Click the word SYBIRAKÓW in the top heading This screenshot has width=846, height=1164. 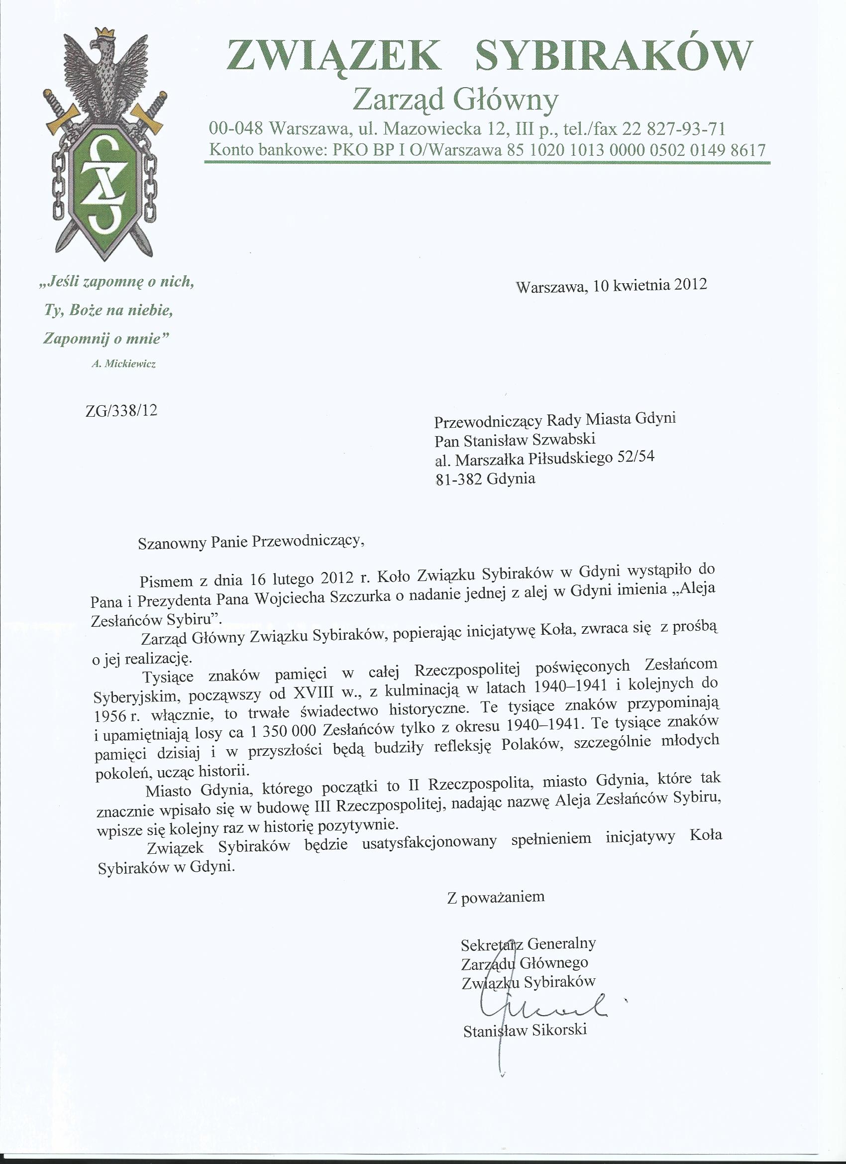pos(614,55)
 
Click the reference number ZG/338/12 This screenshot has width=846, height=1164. pos(121,411)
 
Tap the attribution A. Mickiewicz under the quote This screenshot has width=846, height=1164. pos(123,364)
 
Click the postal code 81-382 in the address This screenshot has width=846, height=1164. pos(458,479)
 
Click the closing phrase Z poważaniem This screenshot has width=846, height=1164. pos(496,897)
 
